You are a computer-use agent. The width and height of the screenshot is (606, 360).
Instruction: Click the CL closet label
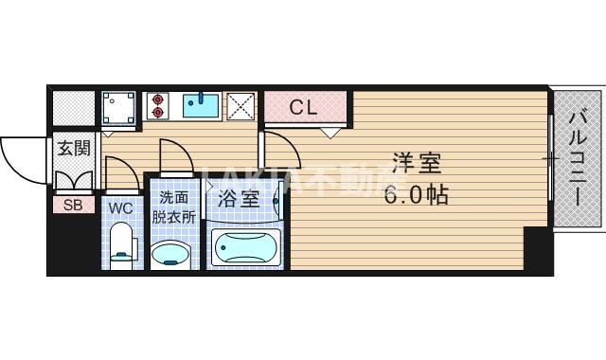303,107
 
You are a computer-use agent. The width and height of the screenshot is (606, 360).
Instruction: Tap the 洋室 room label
417,164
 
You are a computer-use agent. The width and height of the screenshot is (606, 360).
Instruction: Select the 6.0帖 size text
417,196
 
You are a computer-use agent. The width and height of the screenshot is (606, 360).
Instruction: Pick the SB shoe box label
72,203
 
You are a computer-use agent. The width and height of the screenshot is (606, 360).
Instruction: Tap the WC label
119,207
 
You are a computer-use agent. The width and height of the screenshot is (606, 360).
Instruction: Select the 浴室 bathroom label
239,199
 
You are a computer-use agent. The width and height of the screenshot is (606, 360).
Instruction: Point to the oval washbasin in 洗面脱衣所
172,254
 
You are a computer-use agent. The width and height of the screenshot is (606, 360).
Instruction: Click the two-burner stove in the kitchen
156,105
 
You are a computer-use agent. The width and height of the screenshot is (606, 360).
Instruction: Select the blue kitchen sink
201,104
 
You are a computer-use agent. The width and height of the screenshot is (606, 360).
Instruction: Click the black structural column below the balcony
538,251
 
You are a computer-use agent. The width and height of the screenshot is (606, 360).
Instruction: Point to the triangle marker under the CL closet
329,133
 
